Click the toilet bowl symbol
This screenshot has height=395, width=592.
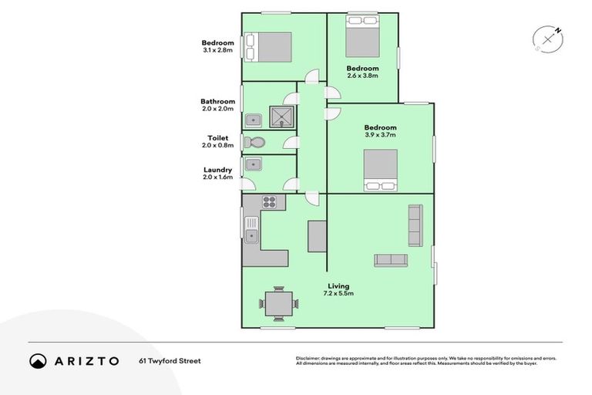[254, 142]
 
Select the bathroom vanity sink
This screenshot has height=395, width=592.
[253, 119]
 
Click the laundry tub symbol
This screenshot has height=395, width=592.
[253, 164]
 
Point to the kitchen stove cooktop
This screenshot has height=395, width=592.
[270, 202]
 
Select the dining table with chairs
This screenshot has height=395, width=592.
[277, 302]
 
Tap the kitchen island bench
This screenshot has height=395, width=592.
[317, 236]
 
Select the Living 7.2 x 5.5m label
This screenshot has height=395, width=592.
[338, 289]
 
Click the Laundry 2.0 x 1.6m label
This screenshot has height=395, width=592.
[218, 174]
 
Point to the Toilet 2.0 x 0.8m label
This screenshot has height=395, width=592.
[218, 141]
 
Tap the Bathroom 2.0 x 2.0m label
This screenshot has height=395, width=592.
[217, 105]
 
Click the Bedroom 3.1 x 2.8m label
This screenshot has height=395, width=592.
[217, 46]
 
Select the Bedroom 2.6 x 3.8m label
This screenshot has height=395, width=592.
[362, 72]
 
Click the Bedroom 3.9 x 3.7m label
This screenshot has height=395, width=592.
[380, 131]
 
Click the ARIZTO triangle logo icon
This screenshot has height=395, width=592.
[38, 361]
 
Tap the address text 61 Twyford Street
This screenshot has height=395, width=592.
[170, 360]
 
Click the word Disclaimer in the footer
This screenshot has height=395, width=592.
[308, 359]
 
